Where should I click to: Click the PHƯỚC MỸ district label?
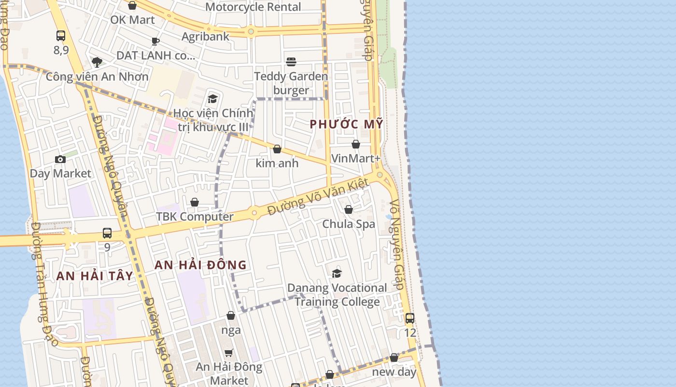[346, 124]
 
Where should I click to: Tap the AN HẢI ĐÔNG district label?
[200, 265]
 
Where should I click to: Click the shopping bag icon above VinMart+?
[356, 144]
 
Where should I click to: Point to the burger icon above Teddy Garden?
[291, 62]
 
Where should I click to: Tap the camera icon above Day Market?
[60, 159]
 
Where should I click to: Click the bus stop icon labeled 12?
[410, 318]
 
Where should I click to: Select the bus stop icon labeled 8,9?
[61, 35]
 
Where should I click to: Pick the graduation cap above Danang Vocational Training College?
[337, 273]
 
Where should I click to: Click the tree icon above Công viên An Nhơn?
[97, 62]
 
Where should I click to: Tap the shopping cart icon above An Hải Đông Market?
[229, 353]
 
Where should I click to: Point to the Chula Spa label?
[349, 224]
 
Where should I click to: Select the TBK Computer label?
[195, 217]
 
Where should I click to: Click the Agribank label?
[206, 36]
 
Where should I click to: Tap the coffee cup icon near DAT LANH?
[155, 41]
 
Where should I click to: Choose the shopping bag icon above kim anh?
[277, 149]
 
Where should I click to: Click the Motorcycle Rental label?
[253, 7]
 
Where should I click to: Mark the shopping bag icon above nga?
[231, 315]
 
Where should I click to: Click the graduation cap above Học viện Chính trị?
[213, 99]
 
